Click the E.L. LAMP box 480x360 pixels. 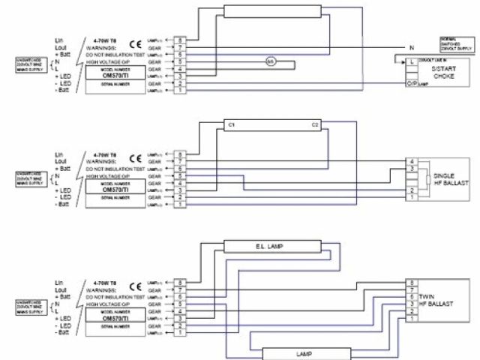pyautogui.click(x=268, y=245)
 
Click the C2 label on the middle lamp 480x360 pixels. pyautogui.click(x=315, y=124)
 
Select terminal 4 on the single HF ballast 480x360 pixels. pyautogui.click(x=411, y=162)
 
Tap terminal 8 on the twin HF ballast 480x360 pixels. pyautogui.click(x=411, y=282)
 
